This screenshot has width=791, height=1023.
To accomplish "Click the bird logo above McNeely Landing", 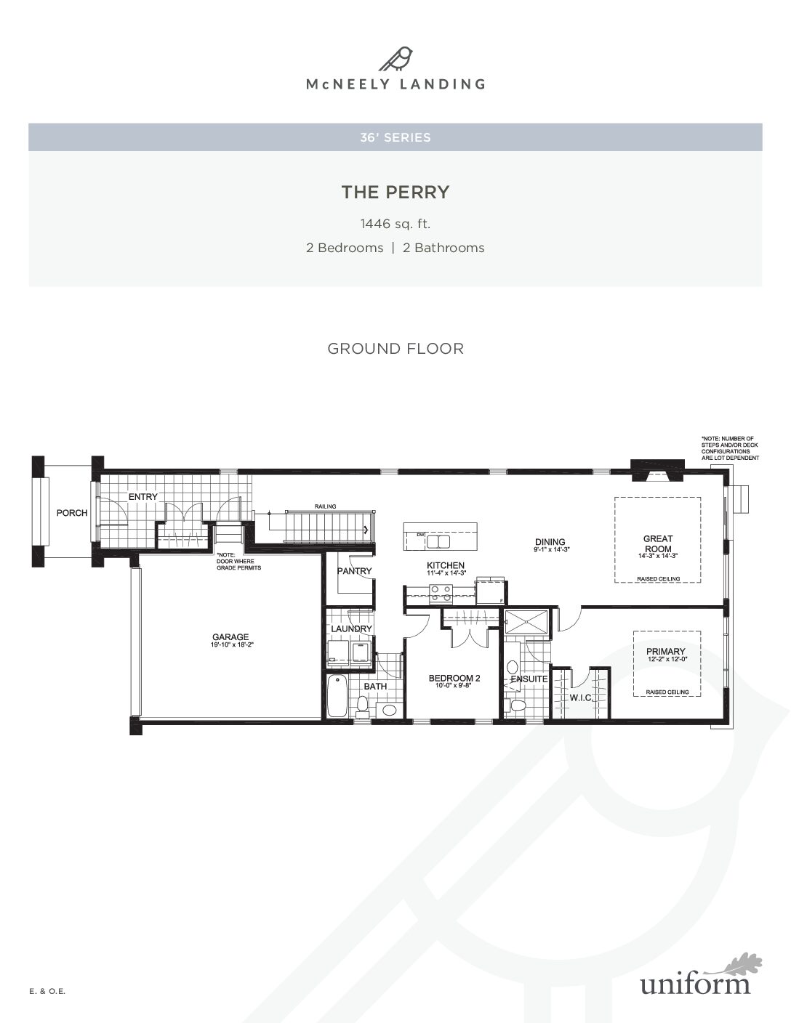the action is (395, 59).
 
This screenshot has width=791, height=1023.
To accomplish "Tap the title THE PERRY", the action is (395, 192).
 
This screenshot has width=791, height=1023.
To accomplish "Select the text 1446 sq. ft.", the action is (395, 224).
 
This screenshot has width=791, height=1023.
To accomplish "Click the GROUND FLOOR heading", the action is (395, 349).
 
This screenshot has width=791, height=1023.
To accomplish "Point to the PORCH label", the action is (72, 513).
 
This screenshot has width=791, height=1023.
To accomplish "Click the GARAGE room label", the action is (230, 637).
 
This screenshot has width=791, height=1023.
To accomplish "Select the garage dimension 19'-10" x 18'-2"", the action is (232, 645).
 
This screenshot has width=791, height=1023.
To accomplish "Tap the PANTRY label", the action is (354, 570).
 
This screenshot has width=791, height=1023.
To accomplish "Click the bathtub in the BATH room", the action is (337, 696).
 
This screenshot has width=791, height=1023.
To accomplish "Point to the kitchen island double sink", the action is (438, 541).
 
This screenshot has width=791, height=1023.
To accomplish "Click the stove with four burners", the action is (441, 593).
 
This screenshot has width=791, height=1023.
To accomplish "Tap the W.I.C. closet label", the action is (580, 697).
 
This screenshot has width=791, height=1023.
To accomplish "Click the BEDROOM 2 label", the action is (454, 678).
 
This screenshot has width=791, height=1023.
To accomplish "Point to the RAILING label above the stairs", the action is (325, 506).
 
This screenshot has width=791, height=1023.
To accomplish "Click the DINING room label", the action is (550, 542).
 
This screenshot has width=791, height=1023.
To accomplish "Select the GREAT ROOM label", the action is (658, 543).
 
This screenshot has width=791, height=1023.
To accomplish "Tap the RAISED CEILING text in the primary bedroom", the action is (667, 692).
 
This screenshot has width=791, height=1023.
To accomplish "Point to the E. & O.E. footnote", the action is (47, 991).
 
